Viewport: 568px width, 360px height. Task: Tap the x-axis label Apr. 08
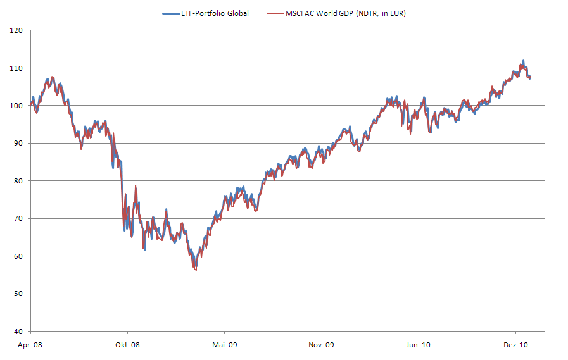pos(30,345)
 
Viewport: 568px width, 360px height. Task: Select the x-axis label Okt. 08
pos(127,345)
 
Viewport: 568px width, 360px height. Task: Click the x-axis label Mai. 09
pos(224,345)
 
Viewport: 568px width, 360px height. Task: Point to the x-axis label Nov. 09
pos(322,345)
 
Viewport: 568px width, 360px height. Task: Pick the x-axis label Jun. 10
pos(418,345)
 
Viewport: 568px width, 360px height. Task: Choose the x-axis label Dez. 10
pos(515,345)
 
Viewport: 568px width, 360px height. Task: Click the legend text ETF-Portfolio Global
pos(215,13)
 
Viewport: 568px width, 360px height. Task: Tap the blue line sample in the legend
pos(171,13)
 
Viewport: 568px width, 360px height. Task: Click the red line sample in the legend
pos(277,13)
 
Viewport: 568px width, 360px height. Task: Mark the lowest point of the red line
pos(196,270)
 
